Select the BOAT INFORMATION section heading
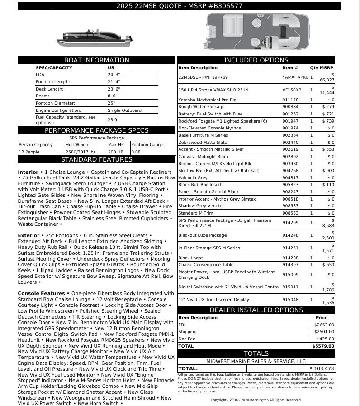[x=97, y=60]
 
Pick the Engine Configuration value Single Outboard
[x=124, y=110]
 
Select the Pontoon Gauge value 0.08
[x=136, y=152]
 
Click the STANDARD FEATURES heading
[x=97, y=159]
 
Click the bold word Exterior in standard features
[x=28, y=235]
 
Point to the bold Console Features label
[x=41, y=293]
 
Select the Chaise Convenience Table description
[x=206, y=264]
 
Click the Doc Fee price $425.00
[x=325, y=339]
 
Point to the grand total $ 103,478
[x=322, y=369]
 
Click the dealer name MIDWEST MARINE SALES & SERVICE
[x=256, y=361]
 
